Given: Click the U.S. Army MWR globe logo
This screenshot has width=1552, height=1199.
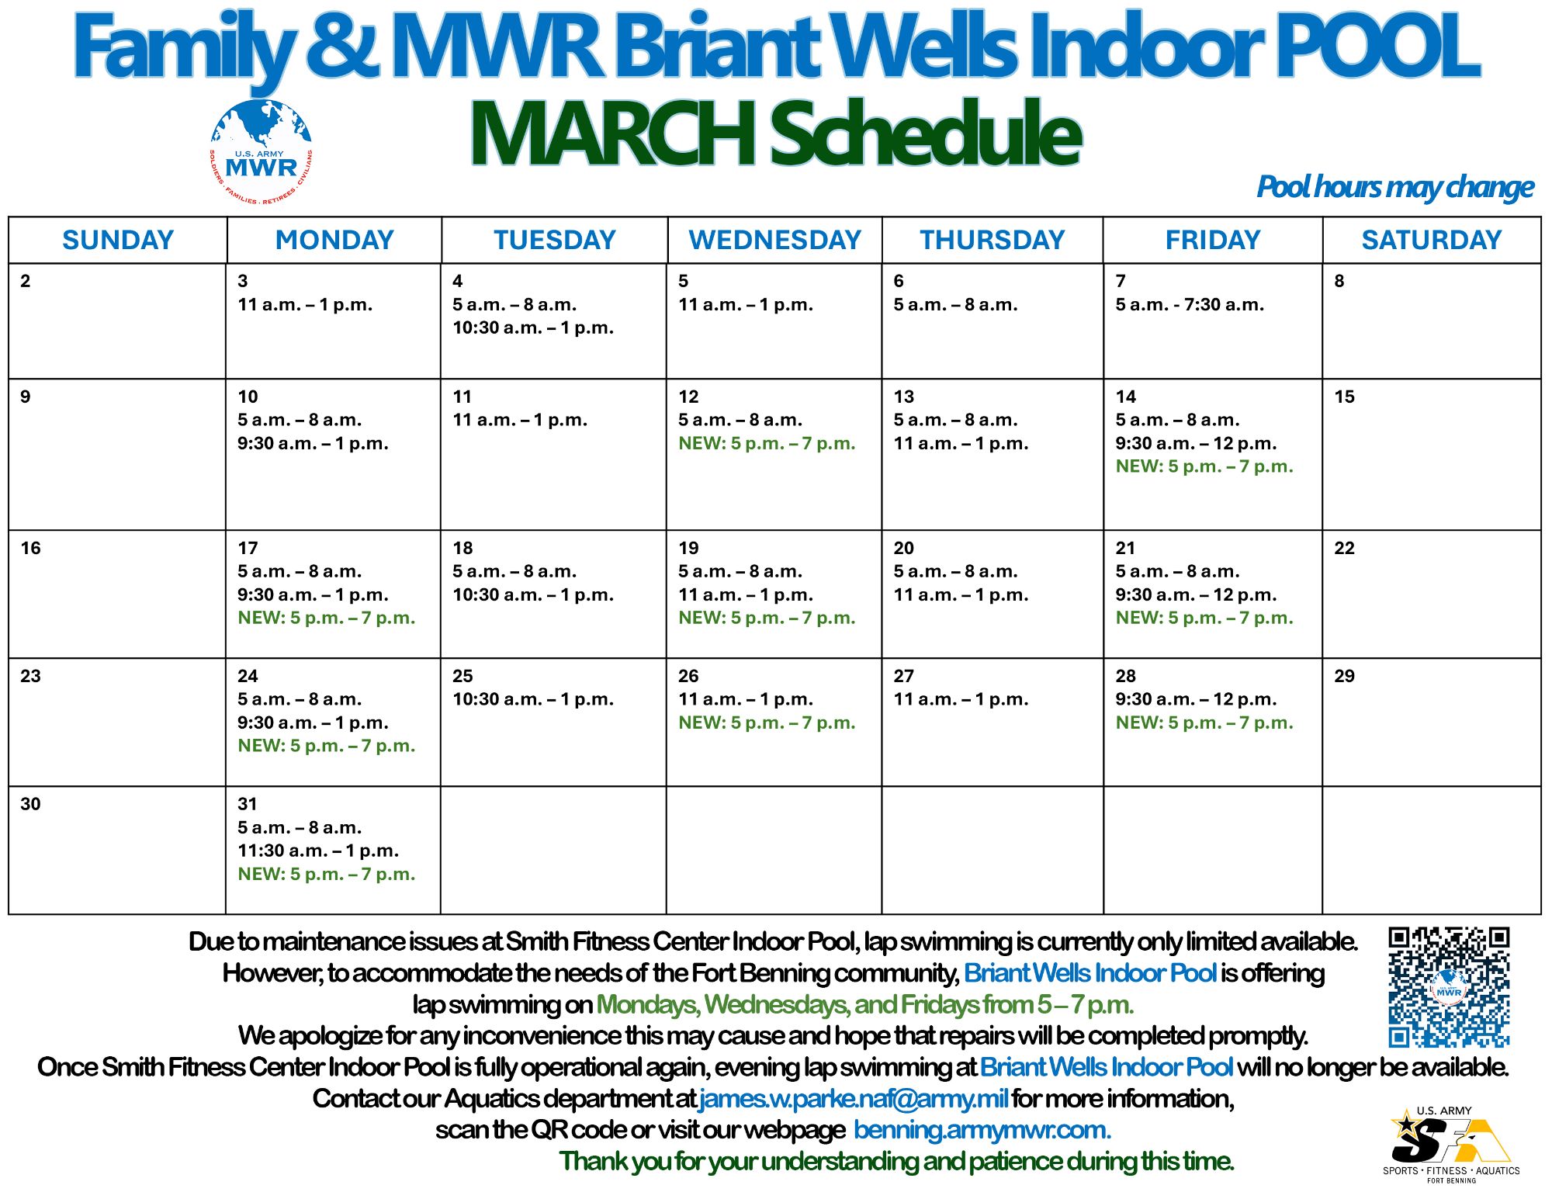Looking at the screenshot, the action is point(262,152).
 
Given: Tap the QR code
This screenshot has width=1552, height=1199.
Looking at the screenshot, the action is point(1449,986).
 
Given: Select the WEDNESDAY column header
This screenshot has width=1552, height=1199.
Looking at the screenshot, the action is point(774,240).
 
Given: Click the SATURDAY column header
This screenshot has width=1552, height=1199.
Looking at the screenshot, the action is point(1432,240).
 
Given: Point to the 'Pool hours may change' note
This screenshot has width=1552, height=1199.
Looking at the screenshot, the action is point(1395,187).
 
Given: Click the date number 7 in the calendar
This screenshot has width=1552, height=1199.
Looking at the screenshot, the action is point(1121,281).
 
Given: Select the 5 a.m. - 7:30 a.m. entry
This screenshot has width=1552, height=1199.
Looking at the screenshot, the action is point(1190,304).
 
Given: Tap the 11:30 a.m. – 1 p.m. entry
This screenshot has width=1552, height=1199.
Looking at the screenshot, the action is point(318,851).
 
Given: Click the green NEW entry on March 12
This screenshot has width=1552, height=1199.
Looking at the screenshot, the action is point(767,443).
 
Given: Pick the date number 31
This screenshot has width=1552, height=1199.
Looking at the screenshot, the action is point(248,804).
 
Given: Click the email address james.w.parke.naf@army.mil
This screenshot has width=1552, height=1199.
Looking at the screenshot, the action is point(854,1098).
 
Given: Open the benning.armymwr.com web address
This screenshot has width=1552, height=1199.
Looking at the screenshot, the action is point(982,1130).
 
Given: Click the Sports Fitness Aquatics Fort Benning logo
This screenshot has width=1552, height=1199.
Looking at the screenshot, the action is point(1451,1145).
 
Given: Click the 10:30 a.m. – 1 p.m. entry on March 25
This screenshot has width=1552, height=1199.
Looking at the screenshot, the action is point(533,699).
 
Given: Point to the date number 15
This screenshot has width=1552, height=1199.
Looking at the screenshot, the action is point(1344,397).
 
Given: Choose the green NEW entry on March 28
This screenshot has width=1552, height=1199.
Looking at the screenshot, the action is point(1204,723).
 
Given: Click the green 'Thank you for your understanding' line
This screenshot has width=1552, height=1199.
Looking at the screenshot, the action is point(896,1161).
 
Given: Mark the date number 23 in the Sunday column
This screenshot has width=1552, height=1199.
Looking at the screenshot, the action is point(30,676).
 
